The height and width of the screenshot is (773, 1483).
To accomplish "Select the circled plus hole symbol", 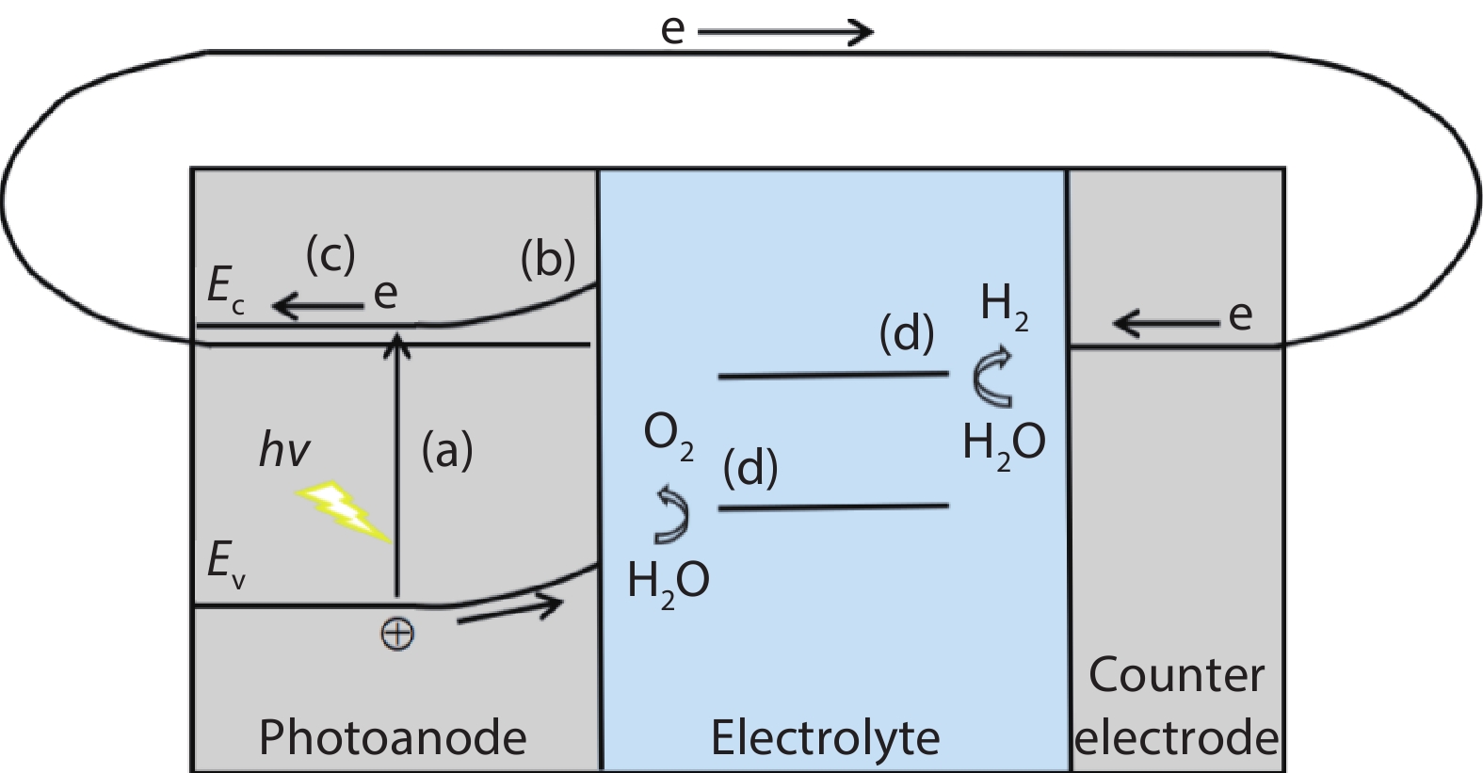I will [396, 634].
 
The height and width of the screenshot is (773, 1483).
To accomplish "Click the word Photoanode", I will [392, 737].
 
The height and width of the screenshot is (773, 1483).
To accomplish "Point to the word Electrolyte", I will [825, 737].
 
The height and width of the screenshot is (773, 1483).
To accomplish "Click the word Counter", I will [1176, 675].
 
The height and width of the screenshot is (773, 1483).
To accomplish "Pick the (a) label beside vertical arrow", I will [446, 451].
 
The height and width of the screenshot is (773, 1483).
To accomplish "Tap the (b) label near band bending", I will [548, 259].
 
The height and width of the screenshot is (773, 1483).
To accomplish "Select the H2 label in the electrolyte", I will [1004, 306].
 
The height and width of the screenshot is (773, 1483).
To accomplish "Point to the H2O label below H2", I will [1004, 442].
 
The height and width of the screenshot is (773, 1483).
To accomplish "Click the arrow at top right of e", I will [785, 33].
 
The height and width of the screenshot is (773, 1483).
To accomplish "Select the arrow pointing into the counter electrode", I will [1166, 324].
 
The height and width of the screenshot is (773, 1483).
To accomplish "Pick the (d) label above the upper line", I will [906, 335].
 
